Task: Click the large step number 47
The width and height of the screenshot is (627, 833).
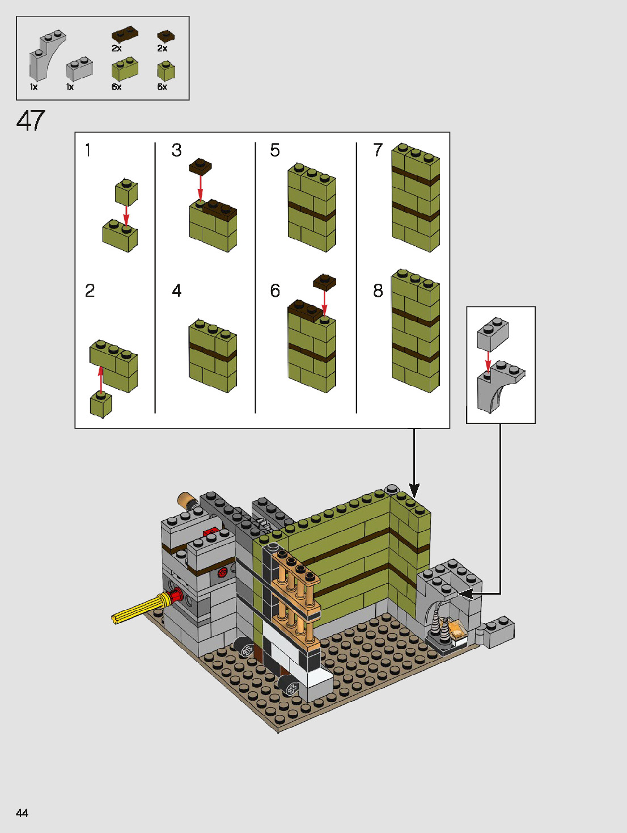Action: (31, 121)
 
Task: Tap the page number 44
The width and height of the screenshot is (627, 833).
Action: (22, 813)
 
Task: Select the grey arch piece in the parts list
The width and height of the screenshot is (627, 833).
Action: (45, 55)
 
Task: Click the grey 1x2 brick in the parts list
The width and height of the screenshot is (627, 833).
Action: (79, 69)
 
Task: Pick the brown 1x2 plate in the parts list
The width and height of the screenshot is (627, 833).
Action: (125, 34)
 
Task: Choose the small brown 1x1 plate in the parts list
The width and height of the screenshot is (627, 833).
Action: (166, 36)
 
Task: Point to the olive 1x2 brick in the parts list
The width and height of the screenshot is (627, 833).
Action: (125, 69)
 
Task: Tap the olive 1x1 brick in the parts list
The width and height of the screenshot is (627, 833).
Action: (166, 70)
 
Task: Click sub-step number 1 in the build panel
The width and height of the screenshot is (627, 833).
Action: (88, 150)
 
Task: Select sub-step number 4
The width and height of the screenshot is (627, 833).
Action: (177, 291)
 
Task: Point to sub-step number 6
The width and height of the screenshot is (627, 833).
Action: (275, 291)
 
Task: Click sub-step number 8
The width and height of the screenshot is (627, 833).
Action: (378, 291)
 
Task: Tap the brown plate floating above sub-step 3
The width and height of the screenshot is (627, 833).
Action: (200, 166)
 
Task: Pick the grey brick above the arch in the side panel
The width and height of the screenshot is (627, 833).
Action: (492, 334)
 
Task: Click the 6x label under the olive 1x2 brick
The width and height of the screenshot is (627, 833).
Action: (116, 87)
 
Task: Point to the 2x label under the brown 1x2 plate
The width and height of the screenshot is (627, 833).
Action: (116, 48)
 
